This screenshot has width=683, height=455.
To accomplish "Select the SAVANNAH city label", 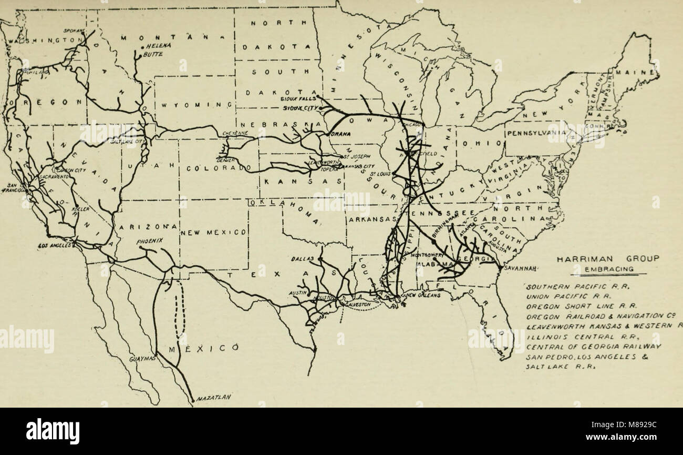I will [519, 268].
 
